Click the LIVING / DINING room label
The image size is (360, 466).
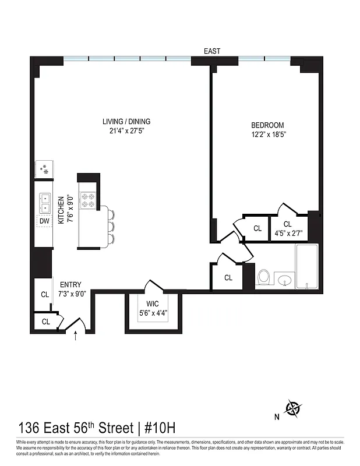(126, 122)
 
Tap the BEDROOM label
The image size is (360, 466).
(267, 125)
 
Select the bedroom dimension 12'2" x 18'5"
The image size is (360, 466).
(267, 135)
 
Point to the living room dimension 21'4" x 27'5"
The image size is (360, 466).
(126, 131)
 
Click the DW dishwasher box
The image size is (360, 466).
(44, 221)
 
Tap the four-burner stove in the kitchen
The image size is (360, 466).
(89, 202)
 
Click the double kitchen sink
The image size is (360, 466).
(45, 202)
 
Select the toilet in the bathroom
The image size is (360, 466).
(264, 277)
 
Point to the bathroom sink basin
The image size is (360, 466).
(285, 281)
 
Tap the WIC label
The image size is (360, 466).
(153, 304)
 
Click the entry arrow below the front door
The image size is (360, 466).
(76, 336)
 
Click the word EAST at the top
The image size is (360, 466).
(211, 52)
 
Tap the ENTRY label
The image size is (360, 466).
(70, 285)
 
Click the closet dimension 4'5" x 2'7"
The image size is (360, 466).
(287, 233)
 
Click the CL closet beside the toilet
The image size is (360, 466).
(228, 278)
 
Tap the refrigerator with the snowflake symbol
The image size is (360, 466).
(44, 170)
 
